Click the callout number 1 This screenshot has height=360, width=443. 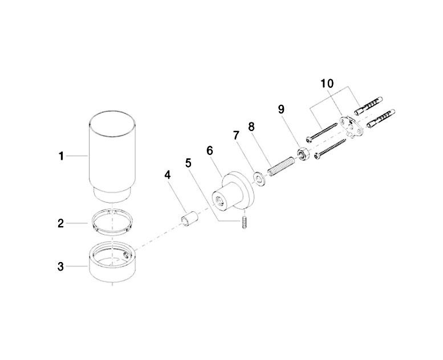[62, 156]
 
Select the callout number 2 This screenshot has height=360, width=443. [61, 224]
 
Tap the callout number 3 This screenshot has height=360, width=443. [61, 267]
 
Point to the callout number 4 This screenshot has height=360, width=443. [168, 175]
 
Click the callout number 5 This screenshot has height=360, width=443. [188, 163]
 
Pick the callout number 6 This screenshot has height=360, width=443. [210, 150]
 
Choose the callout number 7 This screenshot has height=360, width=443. [237, 136]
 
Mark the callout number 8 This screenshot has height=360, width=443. [251, 127]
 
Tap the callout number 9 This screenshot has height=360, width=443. [281, 109]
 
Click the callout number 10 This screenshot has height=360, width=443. [327, 84]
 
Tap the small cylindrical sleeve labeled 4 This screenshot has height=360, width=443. [189, 219]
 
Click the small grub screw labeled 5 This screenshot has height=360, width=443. [245, 222]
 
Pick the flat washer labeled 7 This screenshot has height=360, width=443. [258, 179]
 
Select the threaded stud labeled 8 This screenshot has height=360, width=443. [282, 166]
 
